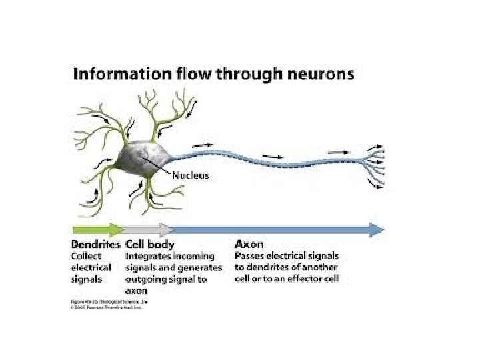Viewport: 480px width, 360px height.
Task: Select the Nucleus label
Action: point(191,176)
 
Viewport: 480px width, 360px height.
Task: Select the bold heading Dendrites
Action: point(96,245)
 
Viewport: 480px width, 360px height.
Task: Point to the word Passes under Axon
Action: point(250,256)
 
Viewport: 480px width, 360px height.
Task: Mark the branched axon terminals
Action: point(373,163)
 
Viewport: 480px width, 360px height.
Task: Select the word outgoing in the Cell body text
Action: point(145,279)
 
